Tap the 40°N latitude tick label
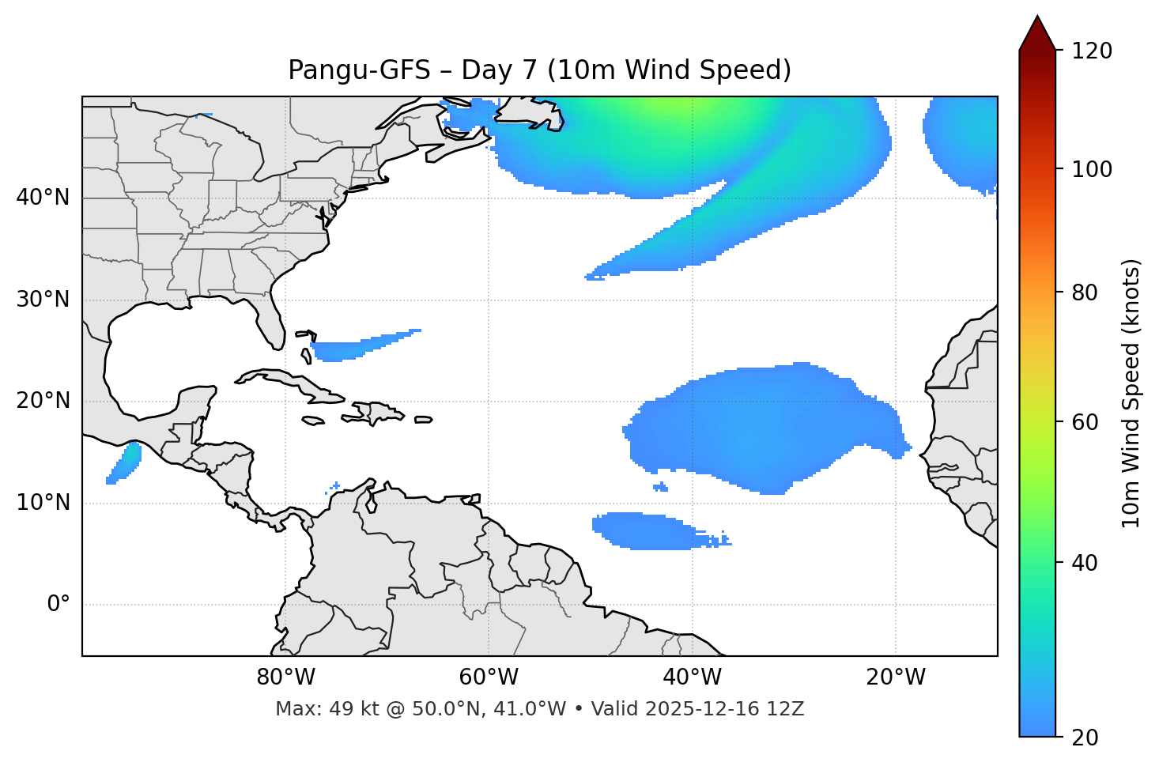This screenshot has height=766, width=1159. click(43, 198)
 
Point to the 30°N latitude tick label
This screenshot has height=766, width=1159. click(43, 300)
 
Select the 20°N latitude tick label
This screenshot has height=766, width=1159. click(43, 401)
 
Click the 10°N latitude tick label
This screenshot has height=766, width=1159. click(43, 503)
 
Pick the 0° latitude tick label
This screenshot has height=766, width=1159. click(59, 605)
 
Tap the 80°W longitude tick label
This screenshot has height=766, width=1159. click(285, 677)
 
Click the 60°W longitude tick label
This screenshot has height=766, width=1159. click(489, 677)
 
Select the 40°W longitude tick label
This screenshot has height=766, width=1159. click(693, 677)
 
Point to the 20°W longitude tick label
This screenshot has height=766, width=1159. click(896, 677)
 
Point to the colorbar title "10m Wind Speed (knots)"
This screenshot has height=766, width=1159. click(1131, 393)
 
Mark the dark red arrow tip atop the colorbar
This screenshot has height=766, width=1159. click(1037, 32)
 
